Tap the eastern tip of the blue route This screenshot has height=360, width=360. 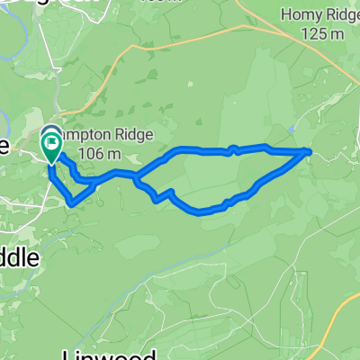click(x=310, y=152)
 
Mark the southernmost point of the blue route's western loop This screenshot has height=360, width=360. click(x=71, y=204)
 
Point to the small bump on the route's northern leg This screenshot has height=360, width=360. click(x=233, y=149)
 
